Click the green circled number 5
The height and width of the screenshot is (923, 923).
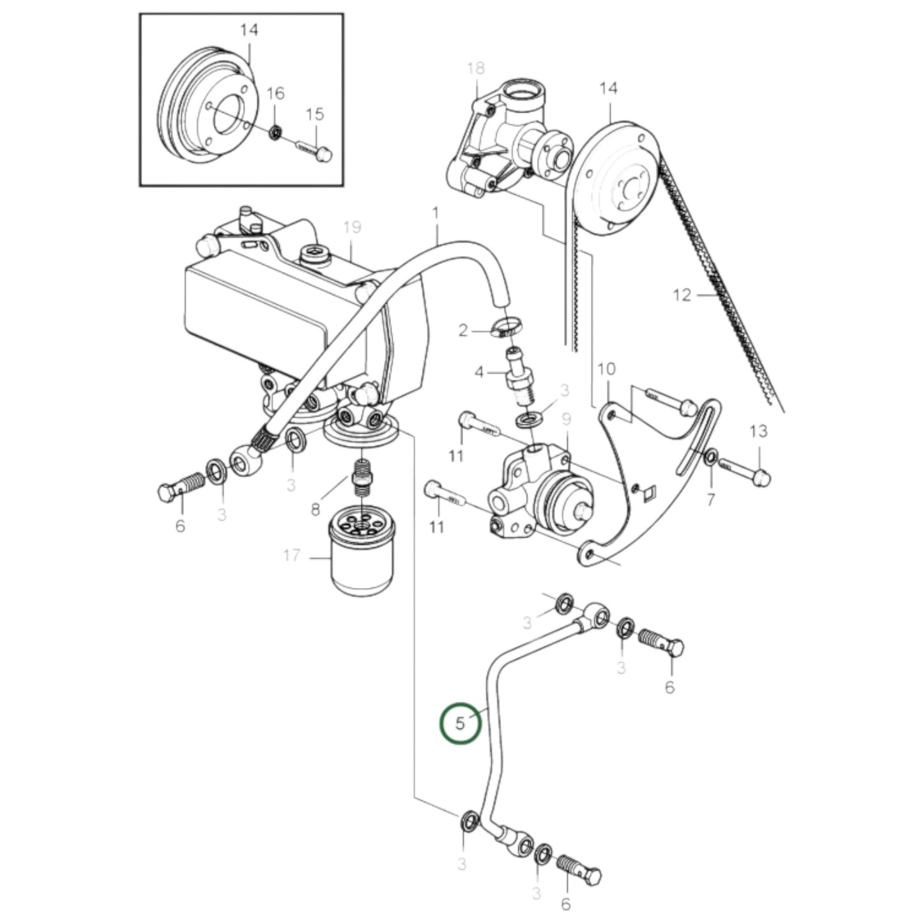pyautogui.click(x=461, y=723)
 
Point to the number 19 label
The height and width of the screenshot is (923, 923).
pyautogui.click(x=352, y=227)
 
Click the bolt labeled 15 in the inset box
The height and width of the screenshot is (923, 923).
pyautogui.click(x=313, y=150)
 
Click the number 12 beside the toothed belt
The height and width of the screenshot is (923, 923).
pyautogui.click(x=682, y=295)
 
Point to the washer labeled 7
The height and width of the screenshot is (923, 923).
pyautogui.click(x=711, y=457)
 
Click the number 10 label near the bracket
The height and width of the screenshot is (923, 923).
pyautogui.click(x=606, y=369)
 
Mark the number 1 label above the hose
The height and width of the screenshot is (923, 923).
pyautogui.click(x=436, y=212)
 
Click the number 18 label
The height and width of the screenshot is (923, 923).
pyautogui.click(x=476, y=68)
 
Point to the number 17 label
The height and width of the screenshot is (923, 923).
pyautogui.click(x=292, y=556)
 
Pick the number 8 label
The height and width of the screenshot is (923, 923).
pyautogui.click(x=315, y=510)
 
